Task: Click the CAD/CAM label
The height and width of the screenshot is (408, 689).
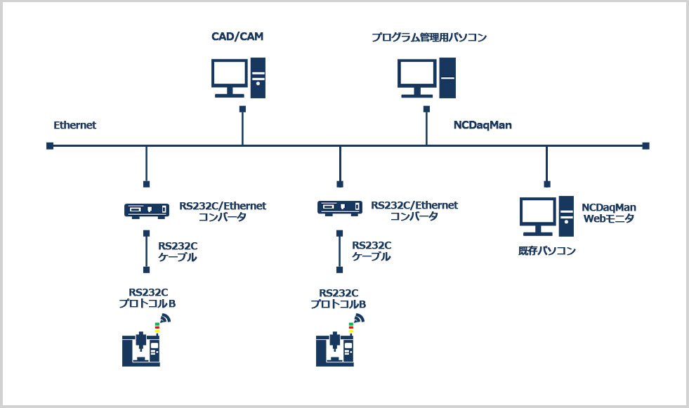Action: pyautogui.click(x=237, y=37)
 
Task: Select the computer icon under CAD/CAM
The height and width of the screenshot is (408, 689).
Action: pyautogui.click(x=238, y=78)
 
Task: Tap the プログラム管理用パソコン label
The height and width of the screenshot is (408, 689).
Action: pyautogui.click(x=429, y=37)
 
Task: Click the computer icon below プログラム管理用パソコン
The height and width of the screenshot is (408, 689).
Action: pyautogui.click(x=426, y=78)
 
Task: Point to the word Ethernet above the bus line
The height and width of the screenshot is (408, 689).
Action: pyautogui.click(x=74, y=125)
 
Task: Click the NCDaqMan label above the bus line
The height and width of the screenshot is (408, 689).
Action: pyautogui.click(x=483, y=125)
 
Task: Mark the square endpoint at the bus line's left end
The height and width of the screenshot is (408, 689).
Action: pyautogui.click(x=50, y=146)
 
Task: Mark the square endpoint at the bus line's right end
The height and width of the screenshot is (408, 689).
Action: pyautogui.click(x=645, y=146)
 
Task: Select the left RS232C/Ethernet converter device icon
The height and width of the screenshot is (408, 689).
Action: pyautogui.click(x=146, y=211)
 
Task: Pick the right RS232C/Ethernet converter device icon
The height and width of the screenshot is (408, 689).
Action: pyautogui.click(x=340, y=208)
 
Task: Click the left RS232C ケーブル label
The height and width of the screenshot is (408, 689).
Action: pyautogui.click(x=178, y=251)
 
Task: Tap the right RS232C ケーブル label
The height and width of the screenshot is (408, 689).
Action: pyautogui.click(x=372, y=251)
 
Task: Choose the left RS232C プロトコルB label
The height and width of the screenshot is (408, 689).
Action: pyautogui.click(x=147, y=298)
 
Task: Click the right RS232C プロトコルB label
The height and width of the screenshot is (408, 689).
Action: pyautogui.click(x=339, y=298)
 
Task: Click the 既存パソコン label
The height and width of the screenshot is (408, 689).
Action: pyautogui.click(x=546, y=251)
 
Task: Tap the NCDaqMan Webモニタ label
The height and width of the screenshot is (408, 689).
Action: pyautogui.click(x=609, y=213)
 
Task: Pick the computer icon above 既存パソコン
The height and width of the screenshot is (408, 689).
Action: pyautogui.click(x=546, y=216)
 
